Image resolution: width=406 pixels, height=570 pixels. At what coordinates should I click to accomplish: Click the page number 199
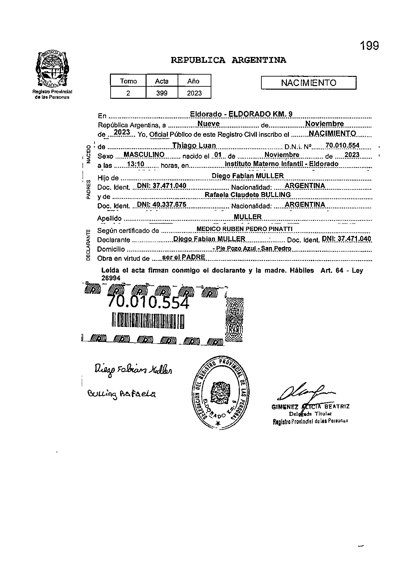[x=370, y=46]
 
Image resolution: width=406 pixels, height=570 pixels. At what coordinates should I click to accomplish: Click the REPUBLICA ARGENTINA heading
[x=229, y=60]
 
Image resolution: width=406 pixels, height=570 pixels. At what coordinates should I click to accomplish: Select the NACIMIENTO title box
[x=309, y=83]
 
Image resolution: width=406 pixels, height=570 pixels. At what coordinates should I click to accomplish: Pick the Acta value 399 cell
[x=162, y=93]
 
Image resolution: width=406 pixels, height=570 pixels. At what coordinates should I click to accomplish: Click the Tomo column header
[x=128, y=81]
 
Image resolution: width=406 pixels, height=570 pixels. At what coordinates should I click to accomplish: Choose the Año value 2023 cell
[x=194, y=93]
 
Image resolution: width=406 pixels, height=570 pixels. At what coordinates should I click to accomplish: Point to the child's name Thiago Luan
[x=194, y=146]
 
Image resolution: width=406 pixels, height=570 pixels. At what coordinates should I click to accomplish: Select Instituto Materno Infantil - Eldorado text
[x=282, y=164]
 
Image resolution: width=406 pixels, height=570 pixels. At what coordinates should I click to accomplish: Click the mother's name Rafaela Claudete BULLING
[x=247, y=195]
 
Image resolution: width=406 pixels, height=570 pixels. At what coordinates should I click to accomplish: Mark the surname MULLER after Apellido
[x=248, y=217]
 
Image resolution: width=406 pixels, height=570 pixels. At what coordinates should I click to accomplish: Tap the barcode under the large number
[x=148, y=320]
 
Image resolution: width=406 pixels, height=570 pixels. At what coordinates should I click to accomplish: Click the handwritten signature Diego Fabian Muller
[x=133, y=370]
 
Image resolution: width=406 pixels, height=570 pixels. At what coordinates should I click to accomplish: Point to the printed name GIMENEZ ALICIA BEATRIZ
[x=310, y=407]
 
